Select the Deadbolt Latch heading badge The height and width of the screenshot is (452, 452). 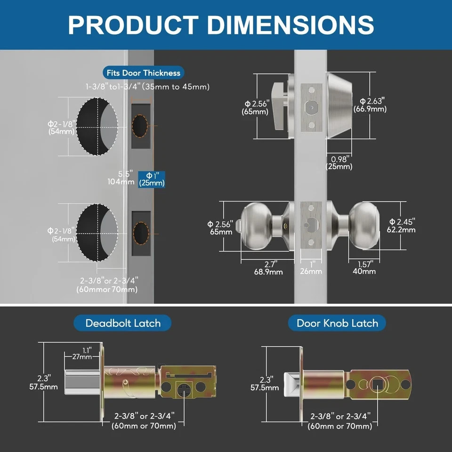click(122, 323)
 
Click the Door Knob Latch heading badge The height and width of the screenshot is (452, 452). click(337, 323)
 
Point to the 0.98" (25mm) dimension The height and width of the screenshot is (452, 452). click(339, 162)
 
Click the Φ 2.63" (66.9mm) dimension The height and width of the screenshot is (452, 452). click(372, 105)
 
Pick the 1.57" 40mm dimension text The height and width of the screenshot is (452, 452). click(364, 267)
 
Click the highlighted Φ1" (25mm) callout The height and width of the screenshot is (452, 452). click(151, 179)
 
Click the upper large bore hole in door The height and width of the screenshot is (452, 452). click(97, 127)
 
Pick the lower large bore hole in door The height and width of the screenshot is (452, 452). click(97, 233)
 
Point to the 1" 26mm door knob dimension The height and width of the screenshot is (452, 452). click(311, 267)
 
